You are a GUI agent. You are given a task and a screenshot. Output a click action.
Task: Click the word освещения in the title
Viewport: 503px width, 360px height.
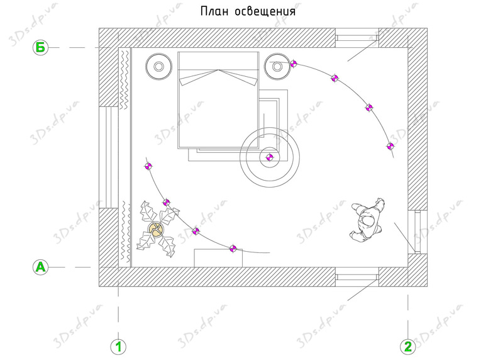click(265, 12)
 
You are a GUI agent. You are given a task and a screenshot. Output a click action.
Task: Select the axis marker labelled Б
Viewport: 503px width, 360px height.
click(40, 48)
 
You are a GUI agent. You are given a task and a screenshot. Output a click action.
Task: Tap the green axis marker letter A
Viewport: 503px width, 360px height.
click(40, 267)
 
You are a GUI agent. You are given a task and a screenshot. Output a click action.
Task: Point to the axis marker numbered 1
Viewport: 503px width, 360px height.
click(118, 347)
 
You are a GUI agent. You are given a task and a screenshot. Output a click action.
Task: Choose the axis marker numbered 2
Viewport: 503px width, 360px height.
click(407, 347)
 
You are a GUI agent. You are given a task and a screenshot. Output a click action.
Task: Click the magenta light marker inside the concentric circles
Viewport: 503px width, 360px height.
click(270, 157)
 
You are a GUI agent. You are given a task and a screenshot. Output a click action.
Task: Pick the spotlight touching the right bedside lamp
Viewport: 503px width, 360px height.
click(293, 64)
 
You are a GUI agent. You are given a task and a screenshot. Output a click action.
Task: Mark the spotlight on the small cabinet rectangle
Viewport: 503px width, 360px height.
click(233, 248)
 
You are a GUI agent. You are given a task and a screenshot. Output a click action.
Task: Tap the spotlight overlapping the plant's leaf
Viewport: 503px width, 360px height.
click(166, 202)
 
